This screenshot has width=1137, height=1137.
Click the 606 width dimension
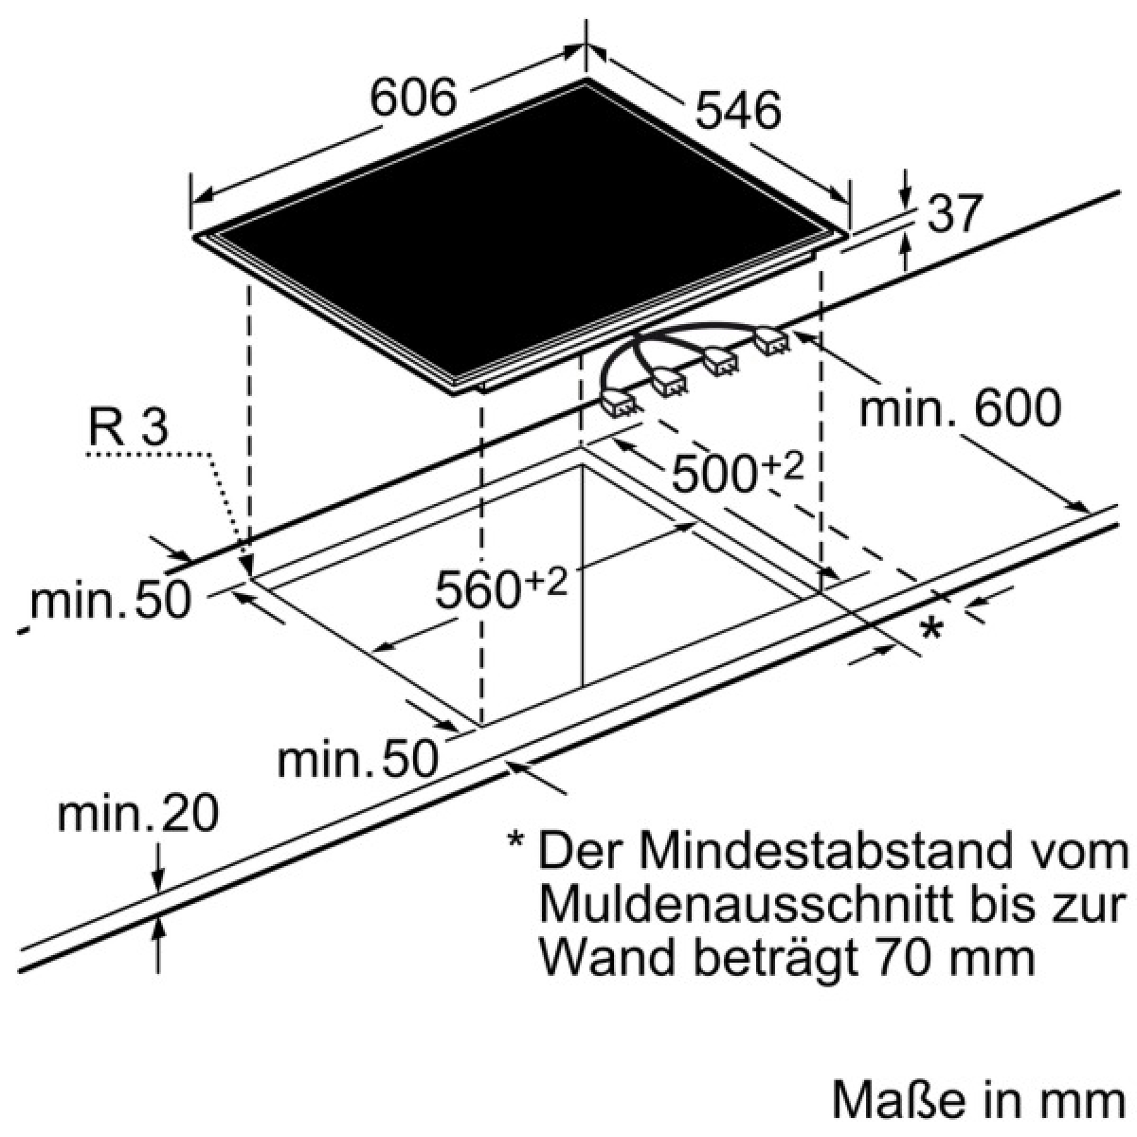click(x=413, y=98)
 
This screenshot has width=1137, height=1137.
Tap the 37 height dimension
click(x=955, y=213)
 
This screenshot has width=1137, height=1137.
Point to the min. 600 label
click(x=960, y=407)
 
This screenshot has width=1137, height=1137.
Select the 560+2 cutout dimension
click(x=501, y=588)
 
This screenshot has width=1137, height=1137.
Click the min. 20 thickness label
click(x=138, y=815)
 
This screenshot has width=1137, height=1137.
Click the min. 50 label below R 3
click(x=110, y=601)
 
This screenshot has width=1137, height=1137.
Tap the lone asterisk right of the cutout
click(x=931, y=629)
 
